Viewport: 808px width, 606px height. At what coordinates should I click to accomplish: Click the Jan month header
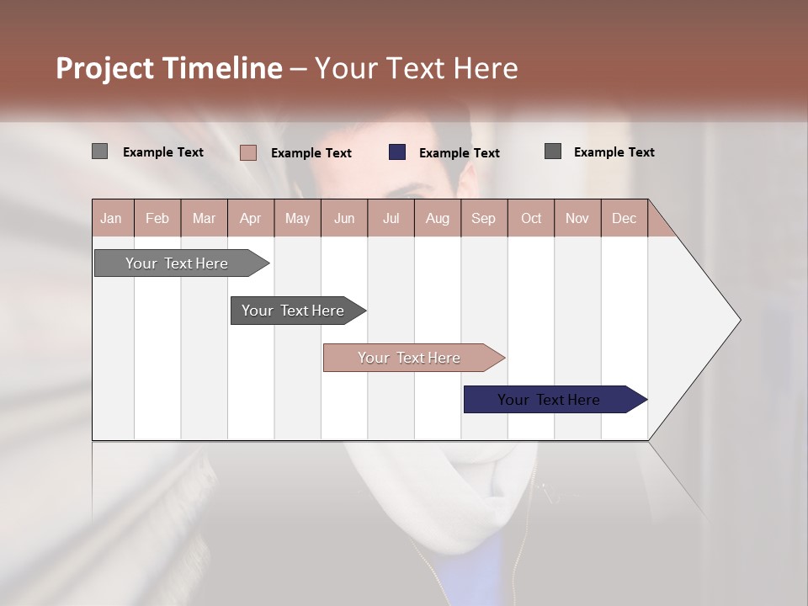(111, 218)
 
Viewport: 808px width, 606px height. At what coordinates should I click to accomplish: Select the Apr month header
(250, 218)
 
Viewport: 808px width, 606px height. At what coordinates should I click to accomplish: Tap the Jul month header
(391, 218)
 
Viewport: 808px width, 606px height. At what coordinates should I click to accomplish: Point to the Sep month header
(483, 218)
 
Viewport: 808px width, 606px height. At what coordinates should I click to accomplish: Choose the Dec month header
(624, 218)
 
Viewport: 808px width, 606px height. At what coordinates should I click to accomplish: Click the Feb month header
(157, 218)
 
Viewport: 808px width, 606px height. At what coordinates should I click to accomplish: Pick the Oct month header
(531, 218)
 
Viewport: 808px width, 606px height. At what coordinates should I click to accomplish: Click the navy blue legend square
(397, 152)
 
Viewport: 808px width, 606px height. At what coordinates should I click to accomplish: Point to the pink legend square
(248, 152)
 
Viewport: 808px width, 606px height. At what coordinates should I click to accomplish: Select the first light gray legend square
(99, 151)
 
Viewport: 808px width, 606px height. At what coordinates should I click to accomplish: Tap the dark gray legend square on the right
(553, 151)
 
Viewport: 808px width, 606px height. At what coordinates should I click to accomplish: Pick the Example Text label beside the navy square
(459, 153)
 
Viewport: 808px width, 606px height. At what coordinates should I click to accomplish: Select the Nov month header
(577, 218)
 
